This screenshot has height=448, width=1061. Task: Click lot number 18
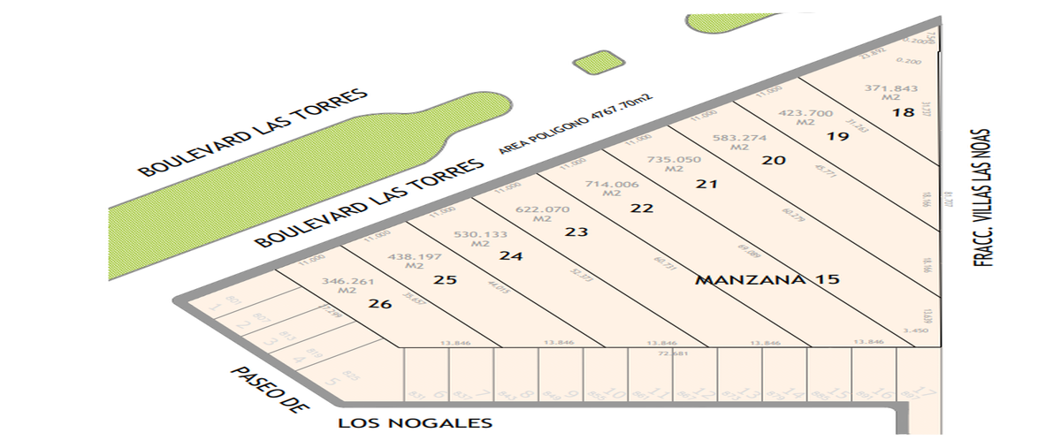click(903, 113)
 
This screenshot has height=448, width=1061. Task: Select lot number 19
click(838, 137)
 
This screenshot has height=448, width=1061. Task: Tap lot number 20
click(774, 161)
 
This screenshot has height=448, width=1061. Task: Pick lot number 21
click(706, 185)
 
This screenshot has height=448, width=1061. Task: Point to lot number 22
click(642, 209)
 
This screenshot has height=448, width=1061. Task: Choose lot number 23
click(576, 232)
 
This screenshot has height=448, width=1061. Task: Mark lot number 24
click(511, 256)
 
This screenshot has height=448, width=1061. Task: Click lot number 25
click(446, 280)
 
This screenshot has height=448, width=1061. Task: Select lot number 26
click(380, 304)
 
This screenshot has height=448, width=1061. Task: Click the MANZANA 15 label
click(766, 280)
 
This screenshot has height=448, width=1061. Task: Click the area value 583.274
click(739, 138)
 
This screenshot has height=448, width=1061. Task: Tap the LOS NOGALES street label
click(415, 424)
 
